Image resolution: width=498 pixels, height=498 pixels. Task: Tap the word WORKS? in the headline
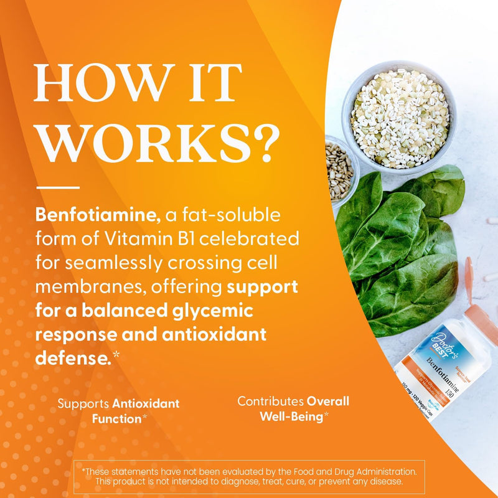coord(156,143)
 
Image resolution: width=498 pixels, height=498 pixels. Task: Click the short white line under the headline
coord(58,187)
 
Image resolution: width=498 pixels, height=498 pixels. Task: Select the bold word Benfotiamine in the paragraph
coord(98,216)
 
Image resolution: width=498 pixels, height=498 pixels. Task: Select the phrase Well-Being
coord(290,416)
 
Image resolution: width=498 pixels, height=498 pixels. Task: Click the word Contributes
coord(270,402)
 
